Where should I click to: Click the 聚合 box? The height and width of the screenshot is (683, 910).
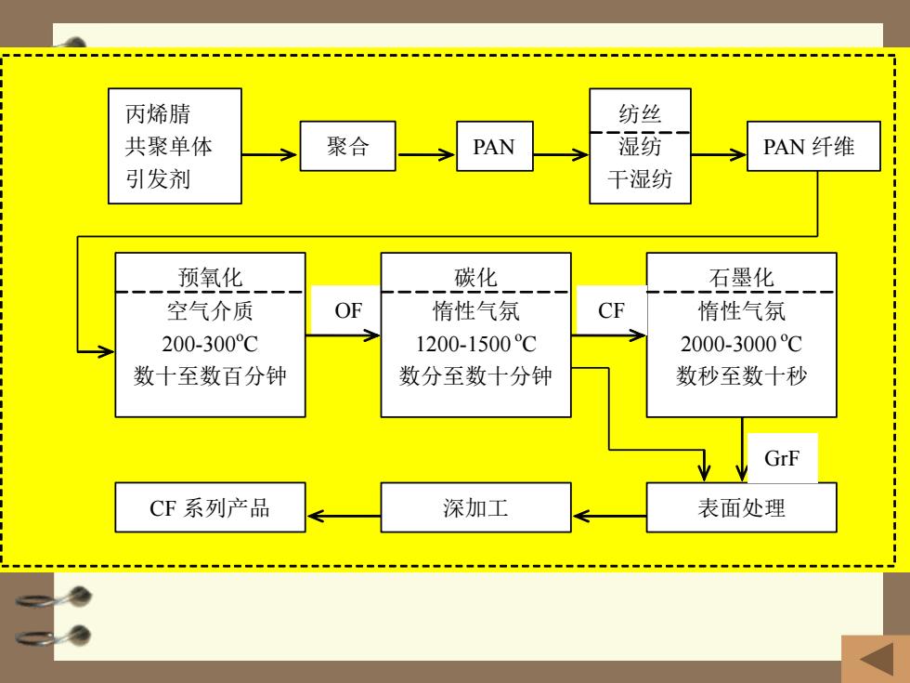pos(347,146)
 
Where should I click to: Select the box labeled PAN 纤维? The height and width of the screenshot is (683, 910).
pos(813,146)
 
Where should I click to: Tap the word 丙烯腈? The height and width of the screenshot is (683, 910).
pos(158,113)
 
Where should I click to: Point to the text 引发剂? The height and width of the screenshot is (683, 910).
pos(158,178)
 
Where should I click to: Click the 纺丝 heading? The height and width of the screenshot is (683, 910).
pos(640,113)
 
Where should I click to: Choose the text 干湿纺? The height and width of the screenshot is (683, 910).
pos(640,178)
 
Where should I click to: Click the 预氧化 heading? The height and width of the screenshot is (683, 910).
pos(210,277)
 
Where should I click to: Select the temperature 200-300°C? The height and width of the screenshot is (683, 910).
pos(210,343)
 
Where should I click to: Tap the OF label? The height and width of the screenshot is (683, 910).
pos(348,310)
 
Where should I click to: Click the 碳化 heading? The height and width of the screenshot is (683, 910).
pos(475,277)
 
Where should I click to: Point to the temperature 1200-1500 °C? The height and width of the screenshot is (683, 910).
pos(475,343)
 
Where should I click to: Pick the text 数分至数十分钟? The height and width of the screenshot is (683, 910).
pos(475,375)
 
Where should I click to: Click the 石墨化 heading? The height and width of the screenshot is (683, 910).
pos(741,277)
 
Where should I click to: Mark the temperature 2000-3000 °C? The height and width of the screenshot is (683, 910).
pos(741,343)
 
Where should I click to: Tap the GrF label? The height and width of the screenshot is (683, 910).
pos(782,458)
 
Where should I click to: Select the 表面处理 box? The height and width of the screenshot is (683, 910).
pos(741,507)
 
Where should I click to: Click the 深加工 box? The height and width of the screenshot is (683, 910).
pos(475,507)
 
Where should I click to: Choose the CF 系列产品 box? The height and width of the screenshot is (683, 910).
pos(210,507)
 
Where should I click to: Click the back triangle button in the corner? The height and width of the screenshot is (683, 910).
pos(877,659)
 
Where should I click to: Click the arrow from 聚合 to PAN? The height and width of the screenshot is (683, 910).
pos(426,154)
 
